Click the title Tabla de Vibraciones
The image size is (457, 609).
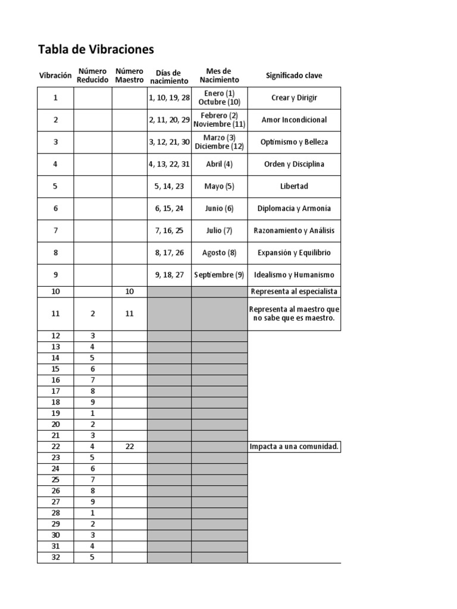[x=96, y=49]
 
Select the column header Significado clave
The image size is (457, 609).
[x=294, y=76]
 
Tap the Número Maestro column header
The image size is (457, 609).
[x=129, y=76]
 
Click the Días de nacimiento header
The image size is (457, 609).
[x=169, y=77]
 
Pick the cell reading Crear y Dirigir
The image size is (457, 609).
[x=294, y=98]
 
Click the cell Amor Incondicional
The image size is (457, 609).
[x=294, y=120]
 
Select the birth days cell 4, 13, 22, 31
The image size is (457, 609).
[x=169, y=164]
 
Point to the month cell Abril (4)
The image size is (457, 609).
[x=219, y=164]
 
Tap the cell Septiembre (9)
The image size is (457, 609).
[x=219, y=275]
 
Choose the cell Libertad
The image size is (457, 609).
[x=294, y=186]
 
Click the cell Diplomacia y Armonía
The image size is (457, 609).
[x=294, y=208]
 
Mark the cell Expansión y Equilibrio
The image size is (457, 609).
[x=294, y=253]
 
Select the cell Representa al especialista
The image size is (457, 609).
[x=294, y=291]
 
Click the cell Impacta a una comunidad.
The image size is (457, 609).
[x=294, y=447]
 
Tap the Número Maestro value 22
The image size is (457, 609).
[x=129, y=447]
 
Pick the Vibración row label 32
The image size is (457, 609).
[x=55, y=557]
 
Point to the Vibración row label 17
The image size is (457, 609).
[x=55, y=391]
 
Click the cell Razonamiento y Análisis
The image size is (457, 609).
[x=294, y=231]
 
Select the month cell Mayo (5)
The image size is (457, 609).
[x=219, y=186]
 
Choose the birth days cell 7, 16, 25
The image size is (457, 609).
[x=169, y=231]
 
